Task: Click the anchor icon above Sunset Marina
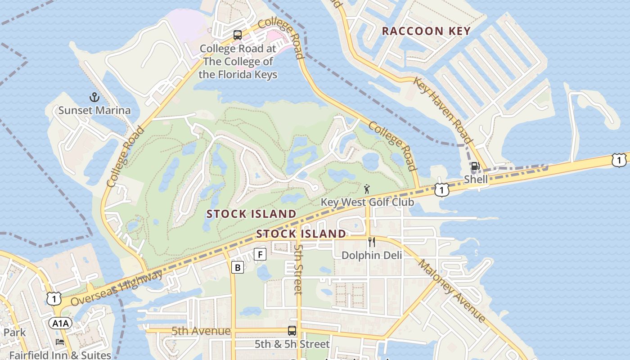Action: tap(94, 97)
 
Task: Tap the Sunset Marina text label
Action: tap(94, 110)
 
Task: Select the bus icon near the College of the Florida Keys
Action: tap(237, 35)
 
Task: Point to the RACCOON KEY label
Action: tap(426, 31)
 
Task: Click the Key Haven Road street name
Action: tap(443, 110)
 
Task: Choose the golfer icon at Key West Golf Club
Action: tap(367, 189)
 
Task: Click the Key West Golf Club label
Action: tap(367, 202)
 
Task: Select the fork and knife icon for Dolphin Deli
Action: tap(372, 242)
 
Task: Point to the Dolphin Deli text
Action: tap(372, 255)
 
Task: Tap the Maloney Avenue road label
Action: tap(452, 291)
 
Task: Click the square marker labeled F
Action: tap(260, 254)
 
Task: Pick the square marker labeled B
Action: tap(237, 267)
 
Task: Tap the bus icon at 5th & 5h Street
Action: tap(292, 331)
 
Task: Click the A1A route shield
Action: tap(60, 323)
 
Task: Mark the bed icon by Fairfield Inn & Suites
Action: tap(60, 342)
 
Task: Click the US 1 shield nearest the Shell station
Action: tap(442, 190)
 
